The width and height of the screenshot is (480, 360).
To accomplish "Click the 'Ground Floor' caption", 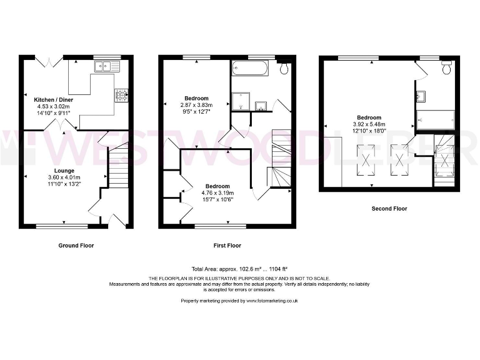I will (x=76, y=246).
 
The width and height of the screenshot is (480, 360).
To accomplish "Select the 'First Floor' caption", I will (x=226, y=246).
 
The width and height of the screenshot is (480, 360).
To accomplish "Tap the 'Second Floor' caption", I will (x=389, y=209).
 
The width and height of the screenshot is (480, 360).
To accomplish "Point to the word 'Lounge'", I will (x=64, y=171).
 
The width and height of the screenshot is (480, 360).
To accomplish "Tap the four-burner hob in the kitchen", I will (x=121, y=96).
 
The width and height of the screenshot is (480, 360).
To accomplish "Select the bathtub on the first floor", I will (x=250, y=69).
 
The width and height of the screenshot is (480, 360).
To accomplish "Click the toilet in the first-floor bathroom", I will (x=284, y=68).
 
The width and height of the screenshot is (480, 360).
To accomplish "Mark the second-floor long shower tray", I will (x=436, y=118).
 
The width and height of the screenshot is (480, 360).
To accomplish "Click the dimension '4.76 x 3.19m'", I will (x=217, y=193).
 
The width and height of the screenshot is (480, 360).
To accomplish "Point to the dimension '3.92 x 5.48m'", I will (x=369, y=124).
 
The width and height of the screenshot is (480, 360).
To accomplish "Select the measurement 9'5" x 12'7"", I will (x=196, y=112).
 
